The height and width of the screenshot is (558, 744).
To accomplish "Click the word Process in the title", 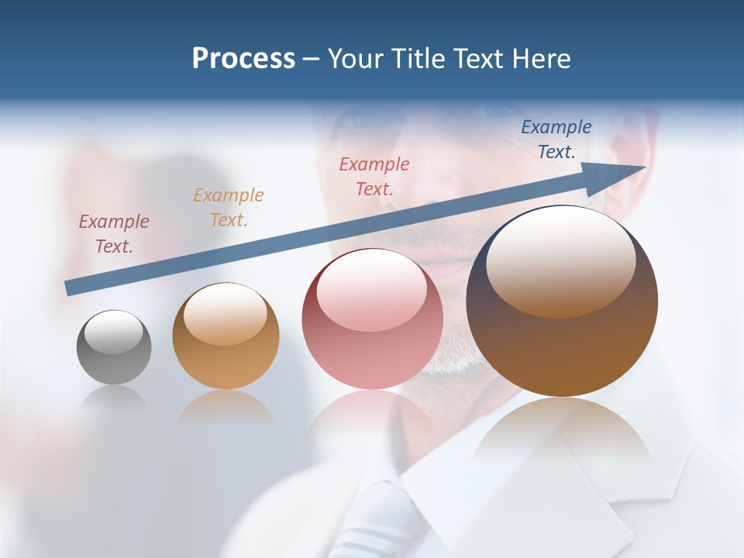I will click(243, 59).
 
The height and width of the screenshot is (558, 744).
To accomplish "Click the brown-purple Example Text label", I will click(113, 233).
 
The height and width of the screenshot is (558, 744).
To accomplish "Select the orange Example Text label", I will click(229, 207).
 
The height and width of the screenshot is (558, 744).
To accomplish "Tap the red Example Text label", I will click(374, 176).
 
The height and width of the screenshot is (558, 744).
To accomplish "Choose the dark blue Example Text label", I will click(556, 139).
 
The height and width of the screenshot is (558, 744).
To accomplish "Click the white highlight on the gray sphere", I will click(114, 332).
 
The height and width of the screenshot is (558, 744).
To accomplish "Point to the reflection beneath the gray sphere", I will click(114, 399).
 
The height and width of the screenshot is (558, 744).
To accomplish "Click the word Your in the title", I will click(354, 59).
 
